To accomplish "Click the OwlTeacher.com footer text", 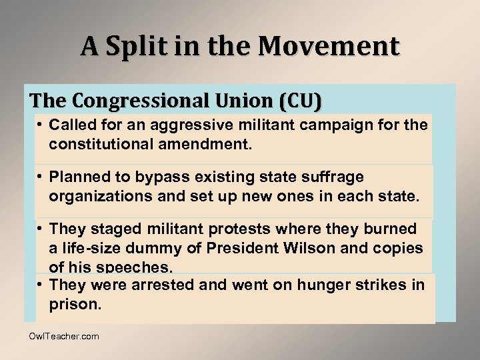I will [64, 337].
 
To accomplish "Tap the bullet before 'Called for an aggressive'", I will [40, 125].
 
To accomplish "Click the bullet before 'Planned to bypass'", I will [40, 177].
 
